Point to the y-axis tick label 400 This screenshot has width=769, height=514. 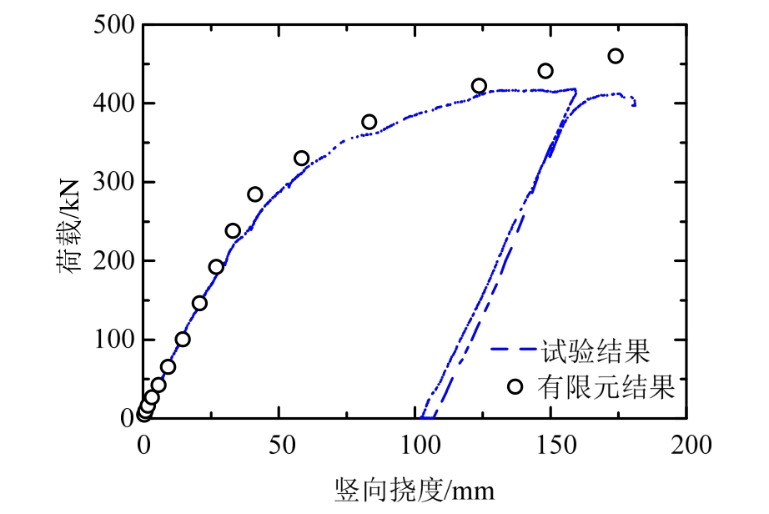(115, 103)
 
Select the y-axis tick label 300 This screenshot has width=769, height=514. (115, 182)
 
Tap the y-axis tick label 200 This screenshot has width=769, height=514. (115, 261)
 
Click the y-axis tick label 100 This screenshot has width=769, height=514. (115, 340)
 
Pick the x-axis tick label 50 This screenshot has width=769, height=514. (279, 444)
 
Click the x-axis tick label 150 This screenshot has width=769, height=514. (550, 444)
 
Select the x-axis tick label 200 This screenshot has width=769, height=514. (686, 444)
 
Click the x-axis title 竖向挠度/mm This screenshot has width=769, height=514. (415, 488)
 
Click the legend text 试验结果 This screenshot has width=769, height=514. (595, 350)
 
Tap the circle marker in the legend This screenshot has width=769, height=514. (515, 386)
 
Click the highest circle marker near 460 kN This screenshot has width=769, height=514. (616, 56)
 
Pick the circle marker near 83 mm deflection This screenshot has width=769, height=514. (369, 122)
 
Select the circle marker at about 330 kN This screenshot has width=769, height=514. (302, 159)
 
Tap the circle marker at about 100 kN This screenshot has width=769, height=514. (183, 339)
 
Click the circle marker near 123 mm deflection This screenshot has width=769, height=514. (479, 86)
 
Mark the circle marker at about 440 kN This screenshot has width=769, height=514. (545, 71)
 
